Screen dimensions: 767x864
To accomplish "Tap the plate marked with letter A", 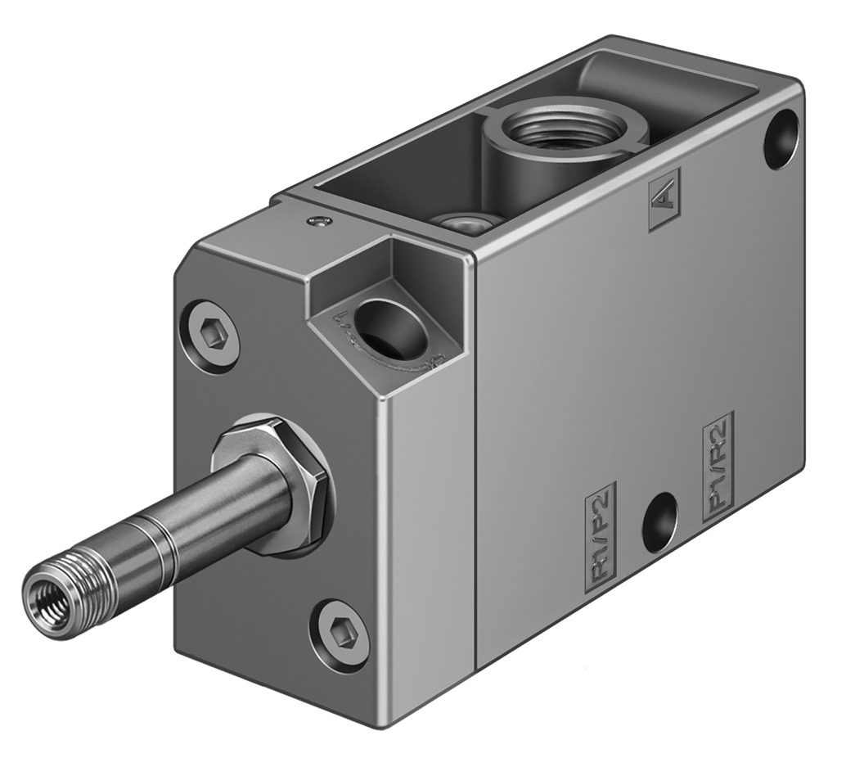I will (664, 203).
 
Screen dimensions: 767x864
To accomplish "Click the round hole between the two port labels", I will (659, 521).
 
